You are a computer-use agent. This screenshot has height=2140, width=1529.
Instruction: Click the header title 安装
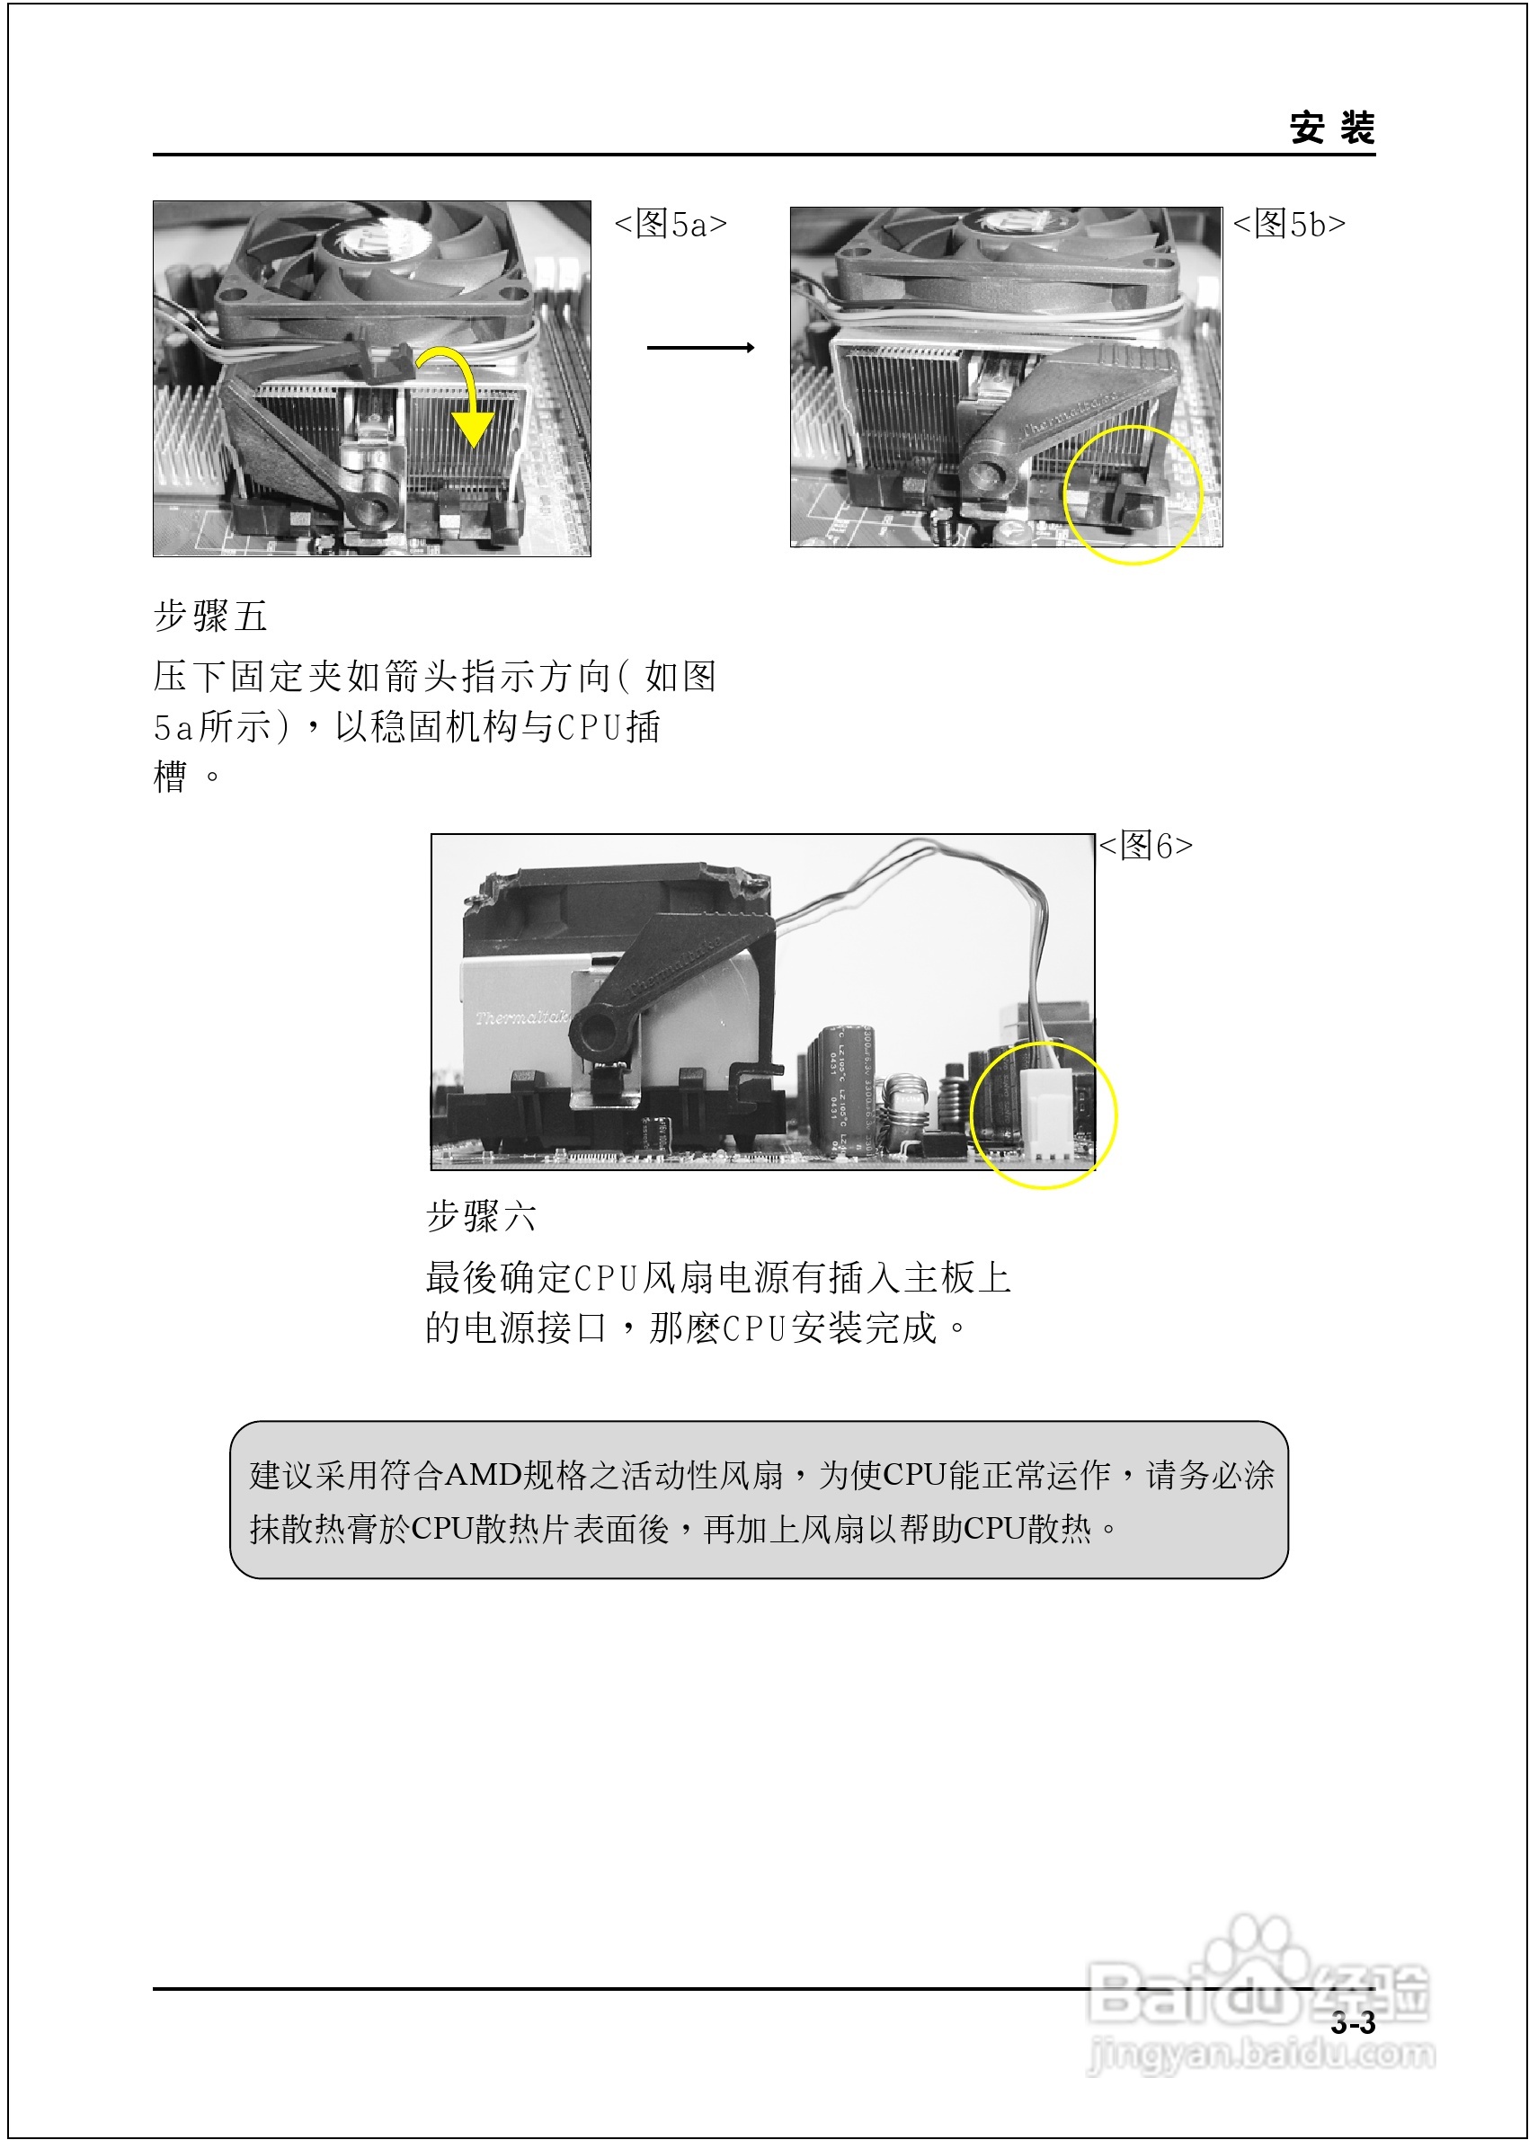tap(1331, 128)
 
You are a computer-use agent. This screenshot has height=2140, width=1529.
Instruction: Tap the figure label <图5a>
tap(671, 224)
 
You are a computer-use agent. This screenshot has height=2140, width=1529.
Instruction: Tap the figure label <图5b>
tap(1289, 224)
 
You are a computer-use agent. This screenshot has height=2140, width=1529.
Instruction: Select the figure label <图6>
tap(1145, 846)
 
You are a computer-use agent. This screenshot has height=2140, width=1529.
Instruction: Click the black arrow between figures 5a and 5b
tap(700, 348)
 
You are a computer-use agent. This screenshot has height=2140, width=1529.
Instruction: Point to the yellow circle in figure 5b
tap(1133, 494)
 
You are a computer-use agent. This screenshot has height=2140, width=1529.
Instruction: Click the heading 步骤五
tap(211, 617)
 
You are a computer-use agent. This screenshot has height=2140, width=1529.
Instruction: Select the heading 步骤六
tap(481, 1216)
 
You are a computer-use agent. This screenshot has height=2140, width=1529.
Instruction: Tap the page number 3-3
tap(1352, 2021)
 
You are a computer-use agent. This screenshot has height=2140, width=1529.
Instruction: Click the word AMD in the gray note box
tap(482, 1475)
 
